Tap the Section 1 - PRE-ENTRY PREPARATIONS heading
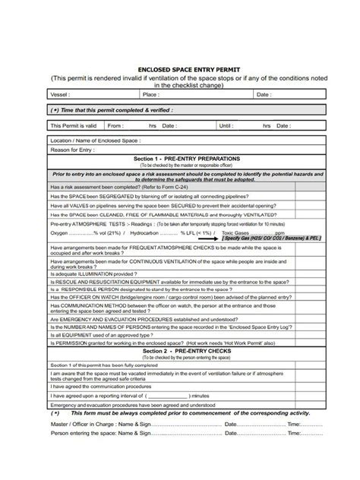tap(187, 158)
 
